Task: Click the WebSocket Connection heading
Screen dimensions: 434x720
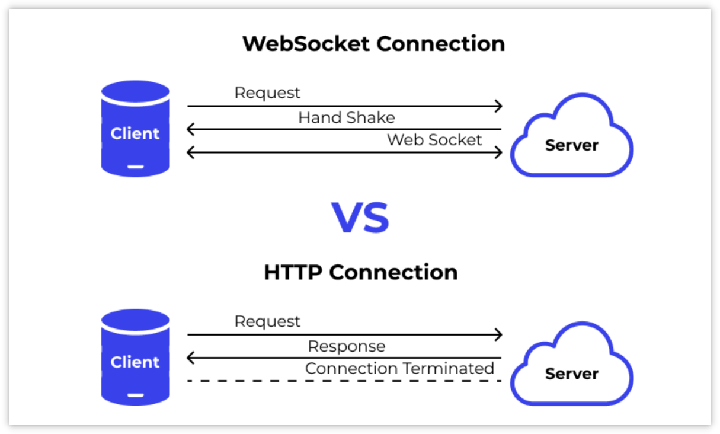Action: (x=373, y=44)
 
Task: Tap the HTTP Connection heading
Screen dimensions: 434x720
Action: (x=360, y=272)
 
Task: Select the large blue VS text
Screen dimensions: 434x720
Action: (x=360, y=218)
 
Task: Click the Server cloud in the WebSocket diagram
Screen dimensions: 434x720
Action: (x=571, y=139)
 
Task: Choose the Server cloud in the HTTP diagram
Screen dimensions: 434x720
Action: (x=571, y=367)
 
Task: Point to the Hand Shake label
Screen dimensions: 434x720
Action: (x=346, y=117)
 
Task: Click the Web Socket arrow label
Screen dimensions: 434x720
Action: (x=434, y=140)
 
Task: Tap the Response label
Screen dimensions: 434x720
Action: (x=346, y=346)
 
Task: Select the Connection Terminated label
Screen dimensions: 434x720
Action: (x=399, y=368)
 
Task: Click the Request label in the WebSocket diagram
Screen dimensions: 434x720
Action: (x=267, y=93)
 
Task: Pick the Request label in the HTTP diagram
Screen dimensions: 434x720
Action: (x=267, y=321)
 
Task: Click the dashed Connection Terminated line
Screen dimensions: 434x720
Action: (x=344, y=381)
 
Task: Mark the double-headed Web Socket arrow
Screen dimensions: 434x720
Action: (x=344, y=152)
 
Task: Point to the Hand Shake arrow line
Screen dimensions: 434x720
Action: (x=344, y=129)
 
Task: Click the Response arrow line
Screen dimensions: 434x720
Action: (x=344, y=358)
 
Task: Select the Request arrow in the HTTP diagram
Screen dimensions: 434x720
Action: (x=344, y=335)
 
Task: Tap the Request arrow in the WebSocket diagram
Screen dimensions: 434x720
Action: (x=344, y=107)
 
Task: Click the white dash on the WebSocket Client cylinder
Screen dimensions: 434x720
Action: (x=136, y=167)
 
